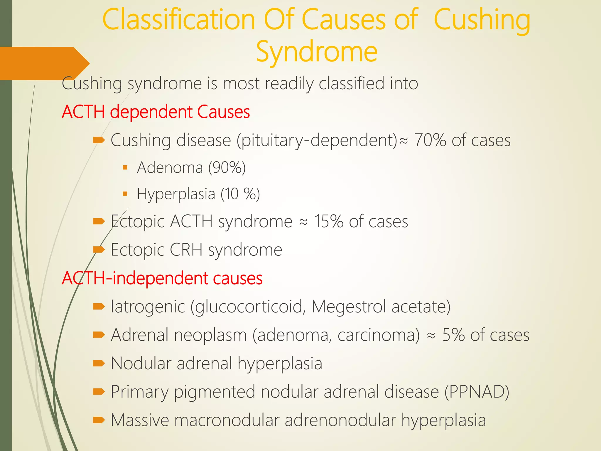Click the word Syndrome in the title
coord(317,52)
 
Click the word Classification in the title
coord(179,20)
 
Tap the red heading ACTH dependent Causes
coord(156,112)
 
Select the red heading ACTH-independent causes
coord(162,278)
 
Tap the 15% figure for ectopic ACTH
coord(328,221)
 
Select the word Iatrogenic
coord(148,307)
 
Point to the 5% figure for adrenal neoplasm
coord(453,335)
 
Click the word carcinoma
coord(379,335)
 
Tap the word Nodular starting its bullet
coord(141,364)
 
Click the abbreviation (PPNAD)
coord(477,392)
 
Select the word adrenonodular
coord(340,420)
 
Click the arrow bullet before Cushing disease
coord(99,140)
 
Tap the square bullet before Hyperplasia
coord(125,194)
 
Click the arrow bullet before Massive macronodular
coord(99,420)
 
